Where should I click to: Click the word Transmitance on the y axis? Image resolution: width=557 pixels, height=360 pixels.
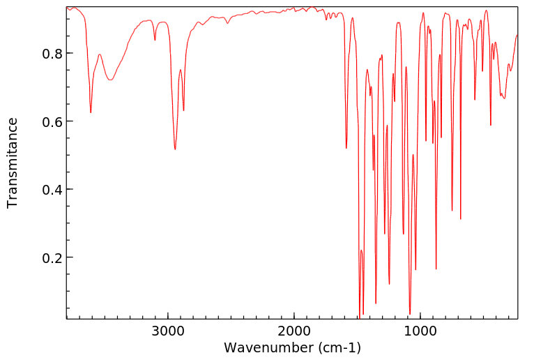pyautogui.click(x=13, y=163)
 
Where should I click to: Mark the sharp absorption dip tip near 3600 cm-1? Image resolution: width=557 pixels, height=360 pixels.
pyautogui.click(x=91, y=112)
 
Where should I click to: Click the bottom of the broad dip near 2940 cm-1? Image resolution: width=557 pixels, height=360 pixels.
pyautogui.click(x=175, y=149)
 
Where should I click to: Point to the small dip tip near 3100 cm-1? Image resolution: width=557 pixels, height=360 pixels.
pyautogui.click(x=155, y=40)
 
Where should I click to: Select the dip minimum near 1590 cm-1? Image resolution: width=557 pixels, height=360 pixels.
pyautogui.click(x=346, y=148)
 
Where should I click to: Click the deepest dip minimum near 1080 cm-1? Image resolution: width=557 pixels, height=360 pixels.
pyautogui.click(x=410, y=314)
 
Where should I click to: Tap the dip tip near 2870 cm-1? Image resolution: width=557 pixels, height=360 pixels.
pyautogui.click(x=184, y=110)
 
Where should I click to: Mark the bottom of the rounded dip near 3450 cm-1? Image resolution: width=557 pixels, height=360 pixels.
pyautogui.click(x=110, y=80)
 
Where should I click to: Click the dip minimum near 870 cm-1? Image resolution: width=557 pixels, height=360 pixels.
pyautogui.click(x=436, y=269)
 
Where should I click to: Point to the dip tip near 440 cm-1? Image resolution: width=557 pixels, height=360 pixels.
pyautogui.click(x=491, y=125)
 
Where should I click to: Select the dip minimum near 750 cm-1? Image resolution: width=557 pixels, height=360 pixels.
pyautogui.click(x=452, y=211)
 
